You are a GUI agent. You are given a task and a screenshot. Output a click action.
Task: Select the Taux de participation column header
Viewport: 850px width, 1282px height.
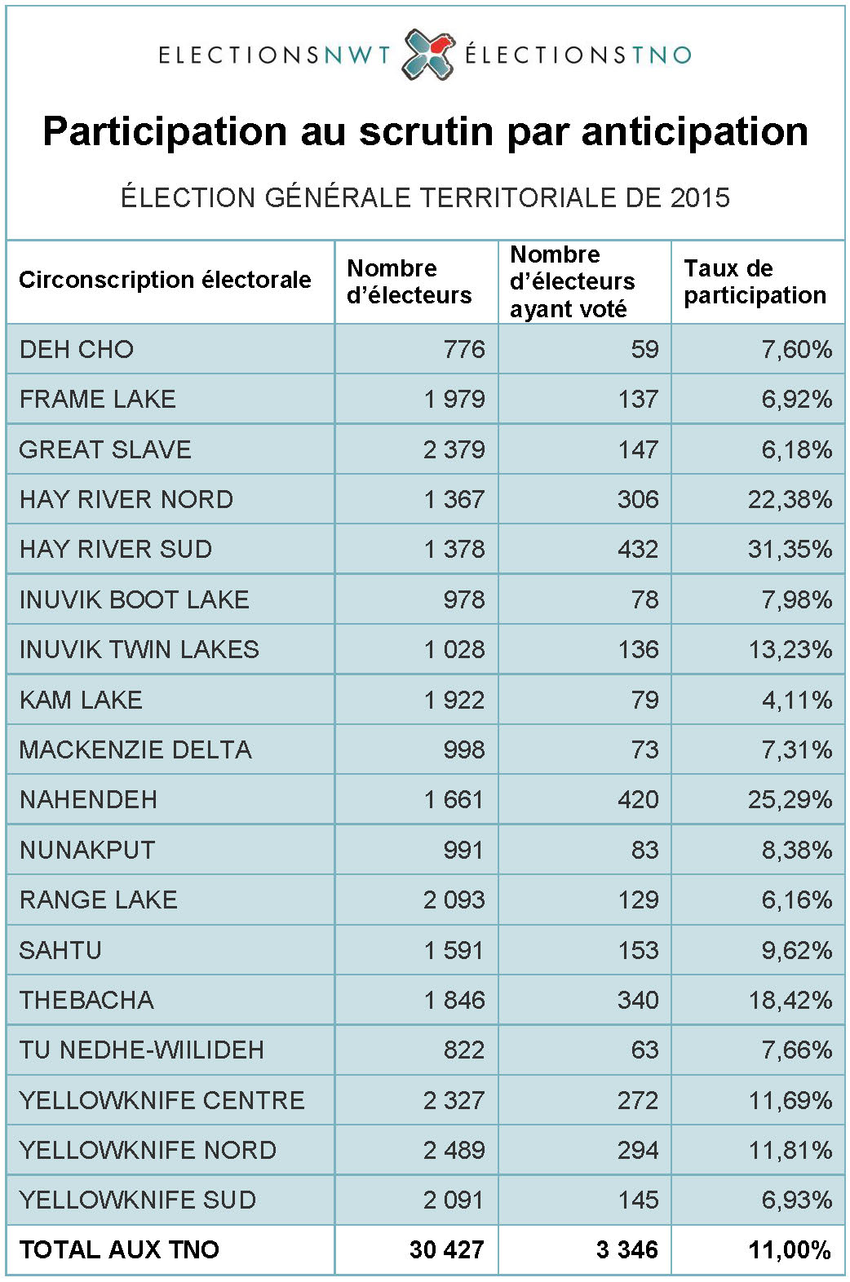point(755,281)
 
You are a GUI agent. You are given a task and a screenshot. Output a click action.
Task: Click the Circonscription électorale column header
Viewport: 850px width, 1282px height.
point(165,281)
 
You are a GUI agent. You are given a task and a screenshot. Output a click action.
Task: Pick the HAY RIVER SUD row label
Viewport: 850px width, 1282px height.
point(116,550)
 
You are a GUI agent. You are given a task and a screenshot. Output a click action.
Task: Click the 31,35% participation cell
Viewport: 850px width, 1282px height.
point(790,550)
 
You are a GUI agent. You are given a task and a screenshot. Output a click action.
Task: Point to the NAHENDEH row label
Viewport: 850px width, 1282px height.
point(88,800)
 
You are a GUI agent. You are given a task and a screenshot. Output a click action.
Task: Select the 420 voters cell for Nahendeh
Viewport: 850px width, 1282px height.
point(637,800)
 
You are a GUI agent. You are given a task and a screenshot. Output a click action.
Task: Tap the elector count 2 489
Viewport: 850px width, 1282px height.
point(454,1151)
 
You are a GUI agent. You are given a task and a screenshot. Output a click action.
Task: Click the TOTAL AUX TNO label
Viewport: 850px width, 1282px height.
point(119,1250)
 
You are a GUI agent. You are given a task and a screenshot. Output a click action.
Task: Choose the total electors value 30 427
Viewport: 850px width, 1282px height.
point(446,1250)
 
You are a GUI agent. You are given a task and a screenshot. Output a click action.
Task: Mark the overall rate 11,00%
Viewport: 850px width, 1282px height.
point(790,1250)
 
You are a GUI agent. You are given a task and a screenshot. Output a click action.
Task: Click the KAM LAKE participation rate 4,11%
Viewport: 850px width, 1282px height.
point(796,701)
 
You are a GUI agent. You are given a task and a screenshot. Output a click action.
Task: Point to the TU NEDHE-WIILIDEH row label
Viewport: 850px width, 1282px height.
point(142,1050)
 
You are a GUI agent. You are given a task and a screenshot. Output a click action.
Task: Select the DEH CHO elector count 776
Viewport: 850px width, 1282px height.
point(464,350)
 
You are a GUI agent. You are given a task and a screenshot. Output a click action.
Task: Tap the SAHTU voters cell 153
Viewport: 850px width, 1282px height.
point(637,951)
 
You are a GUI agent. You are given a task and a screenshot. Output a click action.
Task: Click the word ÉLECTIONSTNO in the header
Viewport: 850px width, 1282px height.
point(578,55)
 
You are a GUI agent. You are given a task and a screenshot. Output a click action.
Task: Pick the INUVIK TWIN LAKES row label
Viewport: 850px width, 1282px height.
point(139,650)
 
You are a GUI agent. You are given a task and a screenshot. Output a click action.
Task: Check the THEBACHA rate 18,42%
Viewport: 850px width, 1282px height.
point(790,1001)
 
